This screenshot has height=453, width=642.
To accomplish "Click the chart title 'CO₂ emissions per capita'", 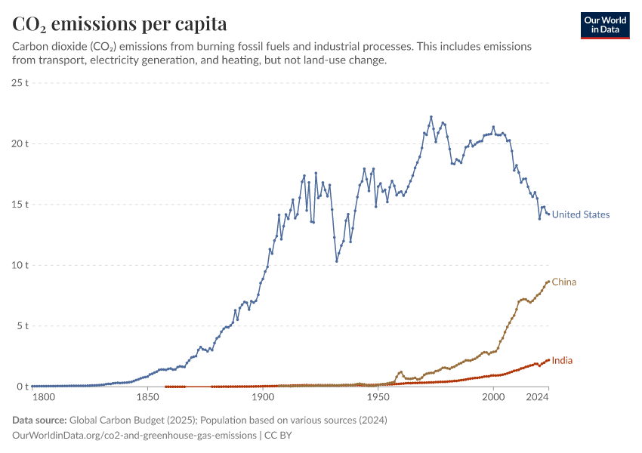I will click(x=120, y=23).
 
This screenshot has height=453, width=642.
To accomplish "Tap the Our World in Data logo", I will click(x=605, y=25).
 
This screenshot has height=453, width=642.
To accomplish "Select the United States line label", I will click(x=580, y=214).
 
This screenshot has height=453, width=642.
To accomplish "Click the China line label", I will click(x=563, y=282).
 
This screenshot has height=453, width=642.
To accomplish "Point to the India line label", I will click(x=562, y=361).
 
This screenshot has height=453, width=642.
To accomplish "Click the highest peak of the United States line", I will click(x=431, y=117).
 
